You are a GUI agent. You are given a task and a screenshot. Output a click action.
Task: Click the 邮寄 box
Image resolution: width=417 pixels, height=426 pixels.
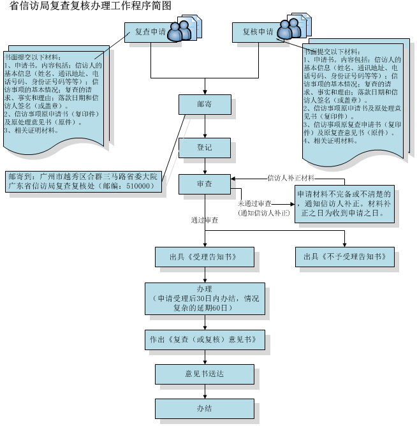(x=205, y=104)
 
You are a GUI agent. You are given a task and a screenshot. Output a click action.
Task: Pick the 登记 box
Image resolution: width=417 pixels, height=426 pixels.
(x=205, y=148)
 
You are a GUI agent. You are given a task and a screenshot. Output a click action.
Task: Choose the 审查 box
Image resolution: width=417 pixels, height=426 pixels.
(x=205, y=185)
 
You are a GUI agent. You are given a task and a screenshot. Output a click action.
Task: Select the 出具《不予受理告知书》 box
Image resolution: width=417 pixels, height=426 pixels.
(x=344, y=257)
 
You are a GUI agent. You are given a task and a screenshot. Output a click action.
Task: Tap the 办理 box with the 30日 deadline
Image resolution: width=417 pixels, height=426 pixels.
(x=204, y=299)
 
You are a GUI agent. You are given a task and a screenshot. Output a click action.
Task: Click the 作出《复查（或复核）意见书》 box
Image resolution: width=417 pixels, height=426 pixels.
(x=204, y=340)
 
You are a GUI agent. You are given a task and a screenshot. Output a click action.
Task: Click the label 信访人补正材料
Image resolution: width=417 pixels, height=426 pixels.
(x=291, y=178)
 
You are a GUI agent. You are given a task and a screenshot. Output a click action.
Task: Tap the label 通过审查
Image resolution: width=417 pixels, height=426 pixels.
(x=204, y=220)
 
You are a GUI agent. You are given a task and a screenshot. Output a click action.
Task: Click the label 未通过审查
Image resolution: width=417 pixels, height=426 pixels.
(x=255, y=202)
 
